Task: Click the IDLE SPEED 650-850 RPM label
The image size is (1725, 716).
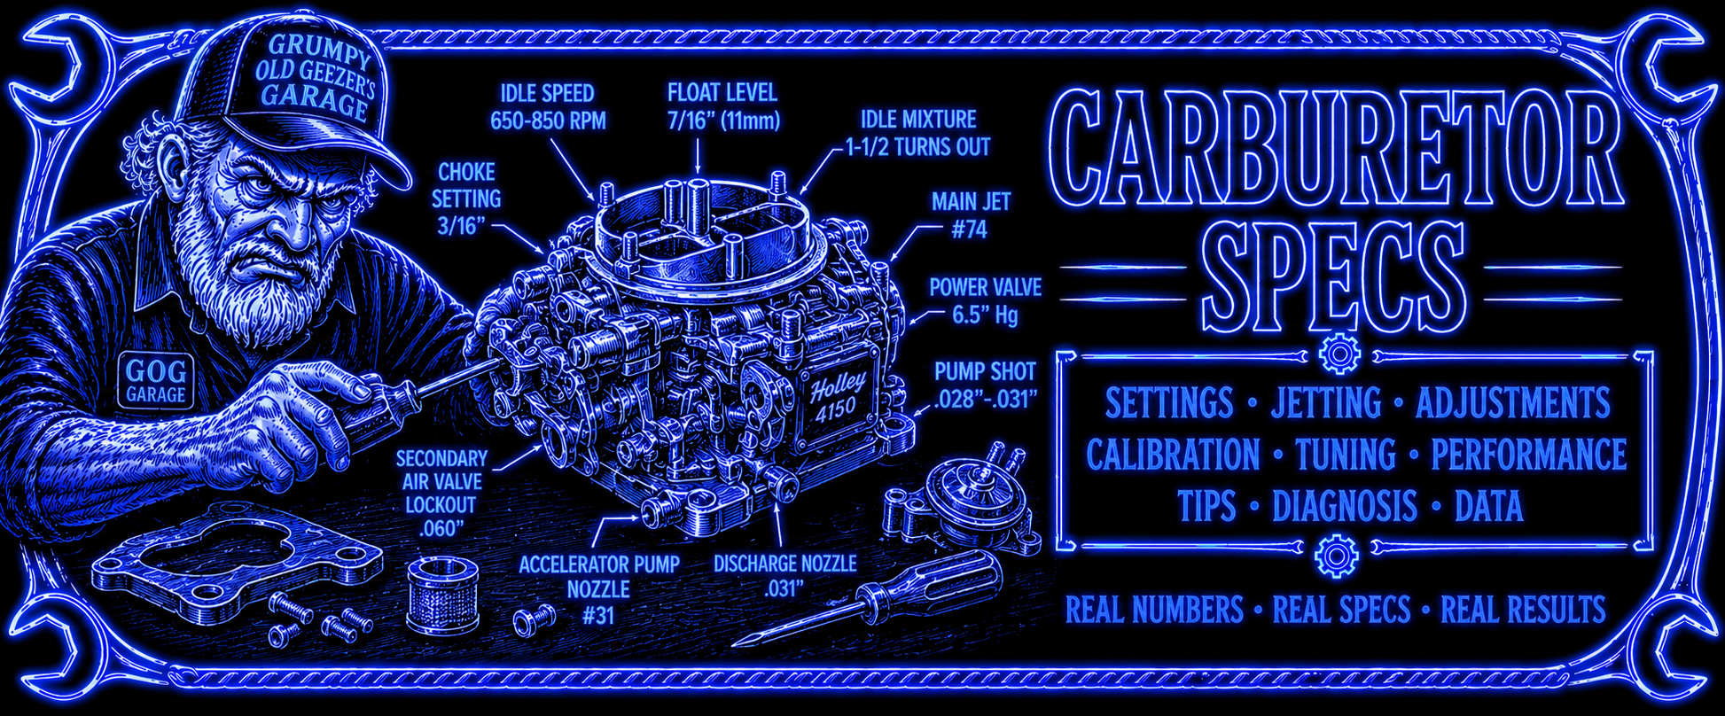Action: (x=548, y=107)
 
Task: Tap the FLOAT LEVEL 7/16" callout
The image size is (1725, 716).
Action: (x=723, y=105)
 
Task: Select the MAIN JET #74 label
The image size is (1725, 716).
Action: (x=970, y=215)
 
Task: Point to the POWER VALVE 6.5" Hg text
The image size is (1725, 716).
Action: (x=985, y=301)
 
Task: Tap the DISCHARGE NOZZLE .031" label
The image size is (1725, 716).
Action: (x=784, y=576)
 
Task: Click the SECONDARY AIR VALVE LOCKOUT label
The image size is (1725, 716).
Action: (x=441, y=494)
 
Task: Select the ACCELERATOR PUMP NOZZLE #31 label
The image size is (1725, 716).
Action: (x=598, y=589)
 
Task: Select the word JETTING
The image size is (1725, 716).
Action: (x=1326, y=403)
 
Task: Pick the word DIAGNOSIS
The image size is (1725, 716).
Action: (x=1345, y=507)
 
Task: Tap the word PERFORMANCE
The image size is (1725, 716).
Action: (x=1528, y=455)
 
